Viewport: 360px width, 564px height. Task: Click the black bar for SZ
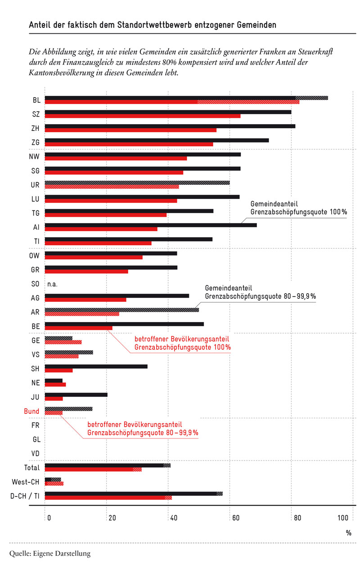click(168, 112)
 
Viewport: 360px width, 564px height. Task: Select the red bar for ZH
click(130, 130)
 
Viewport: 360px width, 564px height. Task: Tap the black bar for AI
click(151, 225)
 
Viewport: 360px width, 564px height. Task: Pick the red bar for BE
click(79, 328)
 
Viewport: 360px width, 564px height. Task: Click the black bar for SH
click(96, 367)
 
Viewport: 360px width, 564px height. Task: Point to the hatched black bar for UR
click(137, 183)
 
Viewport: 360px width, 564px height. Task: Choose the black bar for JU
click(76, 394)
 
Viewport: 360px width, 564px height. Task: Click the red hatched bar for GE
click(63, 342)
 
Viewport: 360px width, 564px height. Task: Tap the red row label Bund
click(31, 411)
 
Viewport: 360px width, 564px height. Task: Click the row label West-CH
click(26, 482)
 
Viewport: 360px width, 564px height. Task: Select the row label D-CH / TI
click(25, 496)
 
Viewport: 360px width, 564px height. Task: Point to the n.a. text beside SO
click(52, 284)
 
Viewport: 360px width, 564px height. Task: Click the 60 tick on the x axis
click(236, 518)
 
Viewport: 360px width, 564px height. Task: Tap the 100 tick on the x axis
click(343, 518)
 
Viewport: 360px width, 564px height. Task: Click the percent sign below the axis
click(349, 533)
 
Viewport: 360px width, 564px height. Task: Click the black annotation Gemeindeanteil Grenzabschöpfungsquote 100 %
click(298, 208)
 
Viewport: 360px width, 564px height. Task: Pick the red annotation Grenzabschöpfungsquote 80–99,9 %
click(143, 433)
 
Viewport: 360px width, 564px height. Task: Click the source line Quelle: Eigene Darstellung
click(50, 553)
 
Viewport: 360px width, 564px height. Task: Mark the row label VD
click(36, 453)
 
